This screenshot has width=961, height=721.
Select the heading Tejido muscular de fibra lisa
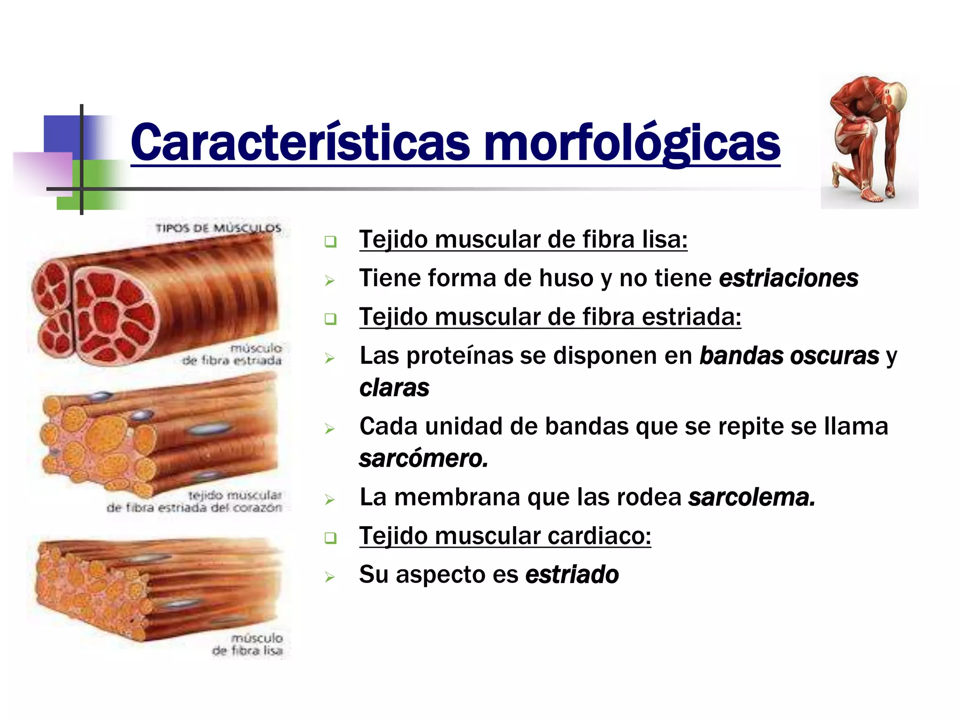523,239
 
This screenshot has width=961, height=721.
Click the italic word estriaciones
788,278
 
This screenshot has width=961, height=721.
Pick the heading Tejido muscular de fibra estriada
550,317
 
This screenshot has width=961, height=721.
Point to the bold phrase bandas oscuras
789,356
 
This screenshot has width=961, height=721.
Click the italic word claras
394,388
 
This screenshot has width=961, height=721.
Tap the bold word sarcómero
424,459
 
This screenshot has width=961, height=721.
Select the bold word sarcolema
752,497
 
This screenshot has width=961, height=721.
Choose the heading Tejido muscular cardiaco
505,536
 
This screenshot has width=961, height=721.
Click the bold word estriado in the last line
572,575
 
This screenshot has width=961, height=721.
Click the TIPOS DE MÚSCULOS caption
218,229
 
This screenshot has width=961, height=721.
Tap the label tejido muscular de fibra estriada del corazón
195,501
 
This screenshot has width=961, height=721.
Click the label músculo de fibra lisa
248,644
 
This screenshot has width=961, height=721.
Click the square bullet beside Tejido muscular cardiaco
331,538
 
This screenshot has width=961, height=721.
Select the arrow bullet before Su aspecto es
330,576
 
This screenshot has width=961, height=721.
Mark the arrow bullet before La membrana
330,499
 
